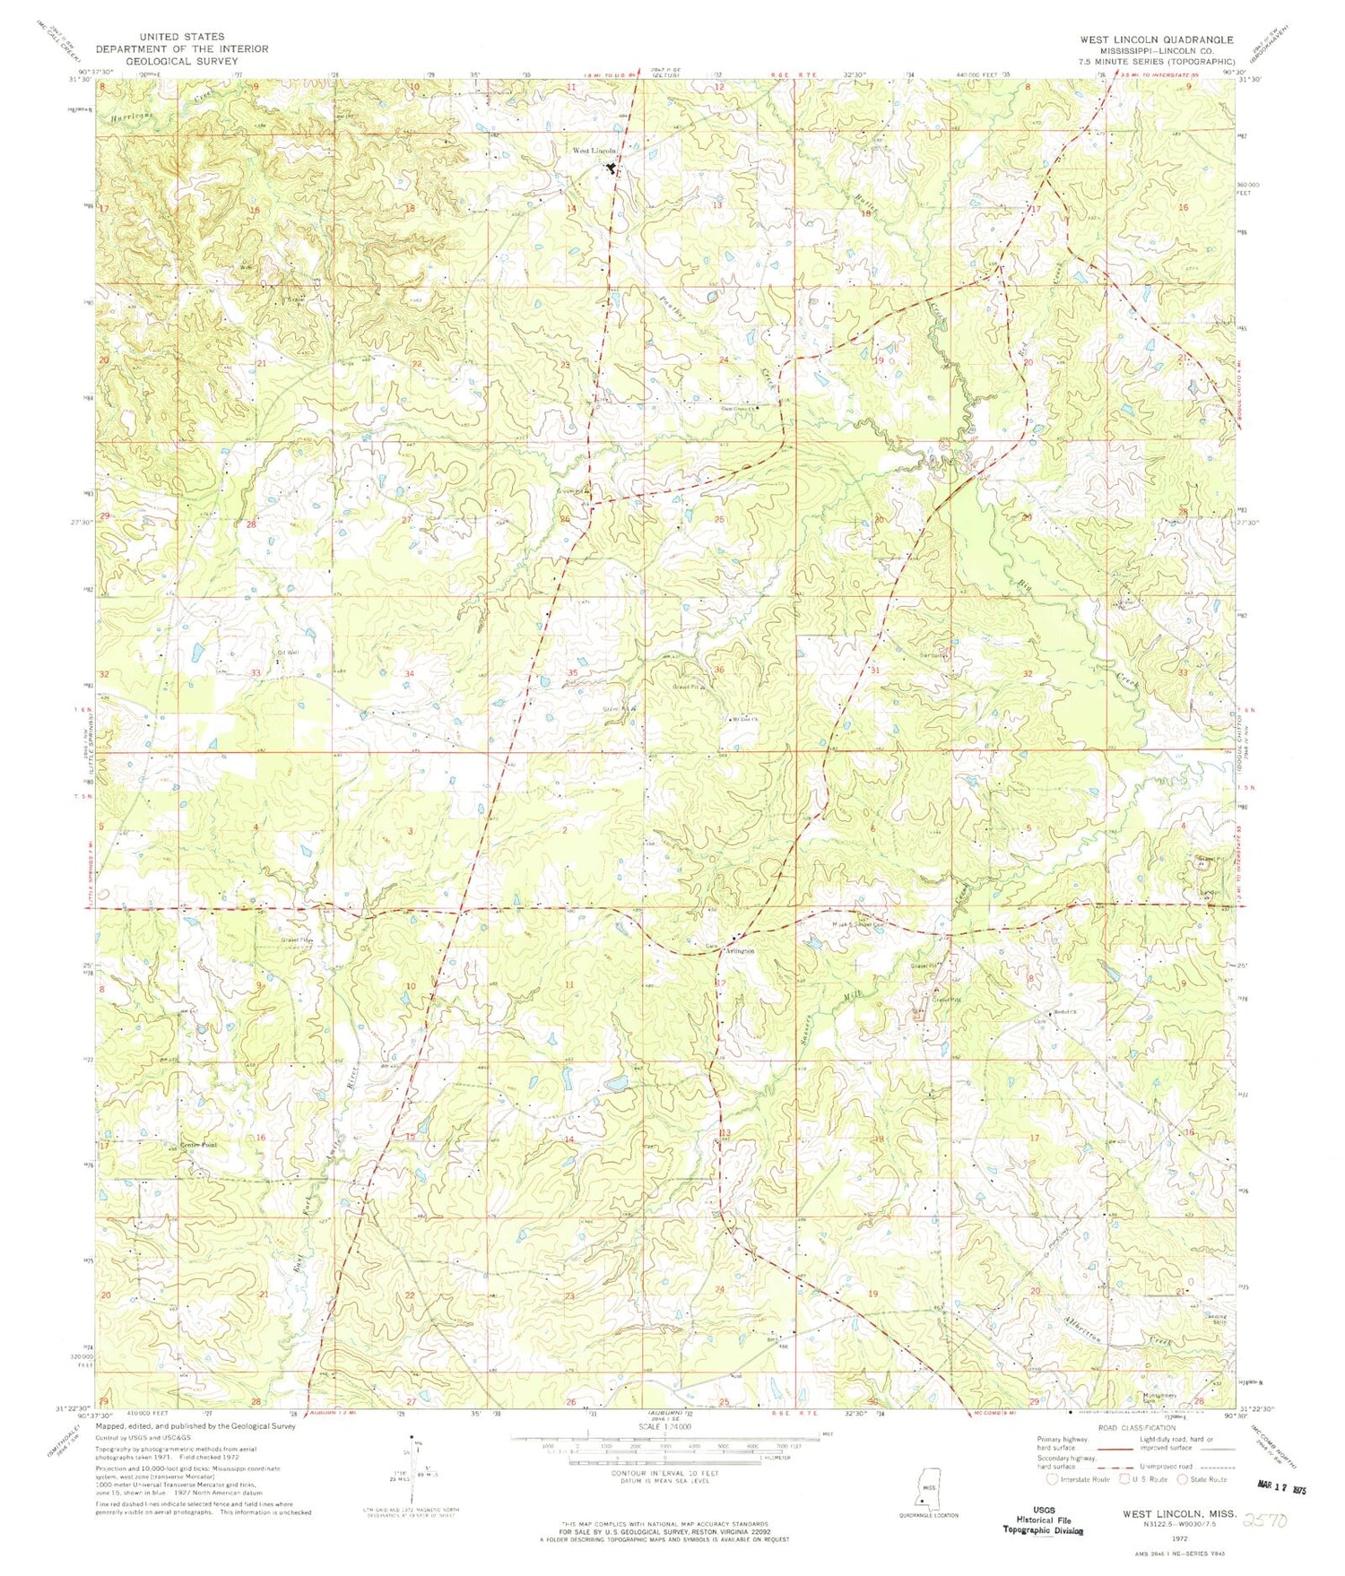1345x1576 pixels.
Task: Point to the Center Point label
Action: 199,1146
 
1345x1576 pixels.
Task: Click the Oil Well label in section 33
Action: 288,653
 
